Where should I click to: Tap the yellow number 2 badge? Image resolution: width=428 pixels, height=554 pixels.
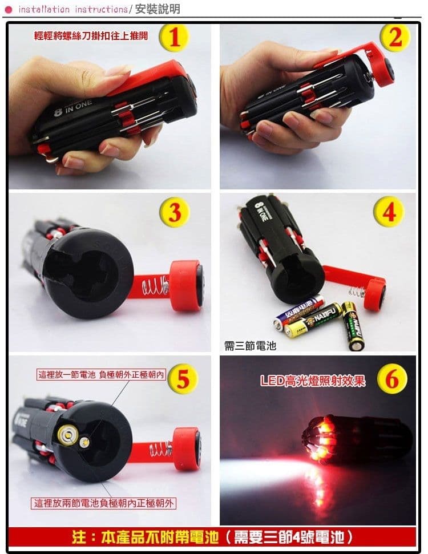(395, 38)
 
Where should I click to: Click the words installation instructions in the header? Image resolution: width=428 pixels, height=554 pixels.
(72, 9)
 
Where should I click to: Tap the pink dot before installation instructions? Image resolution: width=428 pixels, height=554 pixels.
(9, 9)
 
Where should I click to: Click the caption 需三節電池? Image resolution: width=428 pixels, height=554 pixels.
(250, 345)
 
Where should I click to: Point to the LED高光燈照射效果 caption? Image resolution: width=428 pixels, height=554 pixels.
(313, 381)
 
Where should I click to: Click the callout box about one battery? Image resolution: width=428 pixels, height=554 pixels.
(101, 375)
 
